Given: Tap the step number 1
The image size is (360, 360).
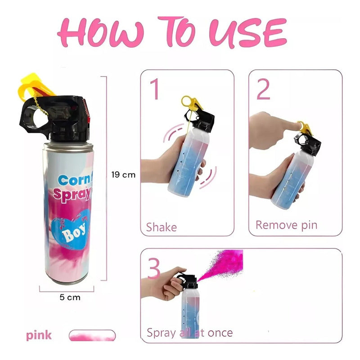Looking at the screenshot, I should pyautogui.click(x=154, y=90).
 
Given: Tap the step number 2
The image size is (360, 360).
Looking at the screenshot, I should pyautogui.click(x=263, y=90).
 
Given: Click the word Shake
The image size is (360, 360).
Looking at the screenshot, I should pyautogui.click(x=162, y=227).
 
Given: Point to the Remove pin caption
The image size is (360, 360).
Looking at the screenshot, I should pyautogui.click(x=286, y=225).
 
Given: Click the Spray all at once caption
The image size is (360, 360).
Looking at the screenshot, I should pyautogui.click(x=189, y=333).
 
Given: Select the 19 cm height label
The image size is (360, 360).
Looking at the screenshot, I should pyautogui.click(x=123, y=175).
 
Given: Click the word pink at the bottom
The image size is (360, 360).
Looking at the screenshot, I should pyautogui.click(x=39, y=335).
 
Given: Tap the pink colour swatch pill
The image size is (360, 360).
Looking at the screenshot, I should pyautogui.click(x=92, y=335).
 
